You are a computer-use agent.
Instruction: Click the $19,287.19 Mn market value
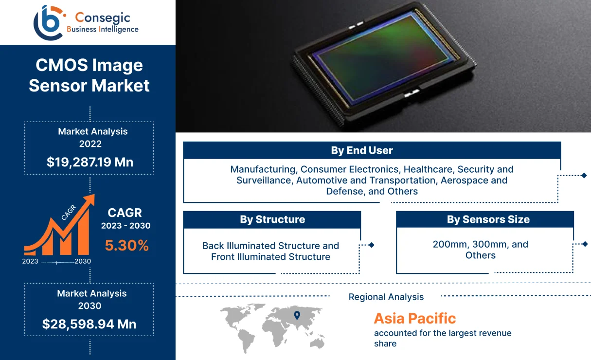click(x=90, y=162)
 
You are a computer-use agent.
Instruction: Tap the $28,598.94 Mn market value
click(x=89, y=324)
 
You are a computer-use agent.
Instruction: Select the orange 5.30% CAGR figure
click(x=126, y=246)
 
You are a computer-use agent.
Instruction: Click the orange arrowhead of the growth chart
click(x=90, y=200)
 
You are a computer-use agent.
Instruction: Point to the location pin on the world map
click(x=297, y=315)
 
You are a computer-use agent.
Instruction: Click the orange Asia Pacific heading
click(x=415, y=318)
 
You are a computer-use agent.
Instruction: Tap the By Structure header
click(x=272, y=219)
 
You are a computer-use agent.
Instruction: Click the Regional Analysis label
click(x=386, y=297)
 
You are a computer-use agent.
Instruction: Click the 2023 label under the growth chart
click(x=30, y=261)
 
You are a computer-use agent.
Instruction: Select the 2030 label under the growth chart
click(x=83, y=261)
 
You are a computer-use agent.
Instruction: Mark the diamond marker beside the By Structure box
click(x=371, y=245)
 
